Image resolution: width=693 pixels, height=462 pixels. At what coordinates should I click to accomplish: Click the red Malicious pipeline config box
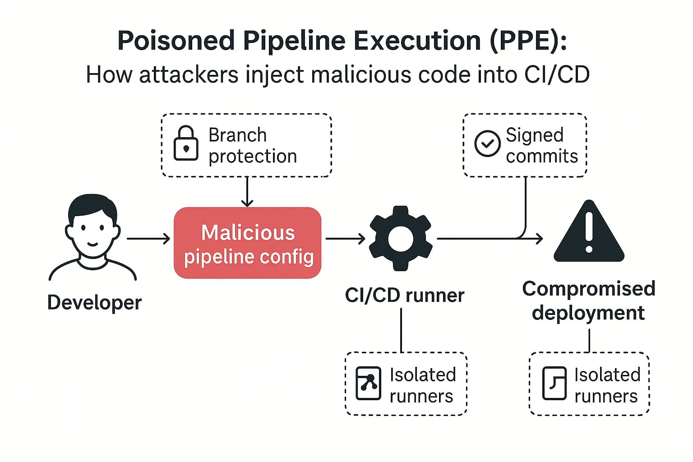point(247,243)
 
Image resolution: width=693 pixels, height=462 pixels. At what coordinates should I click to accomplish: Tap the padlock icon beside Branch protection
point(186,143)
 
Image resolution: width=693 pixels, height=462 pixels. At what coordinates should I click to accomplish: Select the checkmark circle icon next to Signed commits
point(487,143)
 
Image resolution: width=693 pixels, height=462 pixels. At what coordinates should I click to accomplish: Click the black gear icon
point(400,238)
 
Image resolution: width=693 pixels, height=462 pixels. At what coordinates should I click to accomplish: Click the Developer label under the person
point(94,302)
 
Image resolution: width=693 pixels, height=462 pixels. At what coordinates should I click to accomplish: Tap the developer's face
point(92,230)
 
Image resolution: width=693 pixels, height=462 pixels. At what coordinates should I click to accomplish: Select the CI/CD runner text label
point(404,296)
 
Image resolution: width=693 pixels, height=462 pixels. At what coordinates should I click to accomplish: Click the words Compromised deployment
point(588,300)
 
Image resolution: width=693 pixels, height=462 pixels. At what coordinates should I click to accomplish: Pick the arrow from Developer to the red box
point(149,239)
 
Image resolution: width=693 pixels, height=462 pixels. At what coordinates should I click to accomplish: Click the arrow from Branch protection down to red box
point(247,192)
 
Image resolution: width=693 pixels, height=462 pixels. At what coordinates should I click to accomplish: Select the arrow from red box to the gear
point(345,239)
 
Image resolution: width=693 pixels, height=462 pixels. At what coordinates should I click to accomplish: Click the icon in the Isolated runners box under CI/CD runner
point(368,383)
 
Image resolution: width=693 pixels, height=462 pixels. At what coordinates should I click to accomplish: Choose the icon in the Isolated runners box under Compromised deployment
point(554,383)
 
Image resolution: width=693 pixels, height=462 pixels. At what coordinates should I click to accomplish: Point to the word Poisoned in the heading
point(176,41)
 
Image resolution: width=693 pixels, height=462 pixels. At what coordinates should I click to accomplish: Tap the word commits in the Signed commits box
point(541,157)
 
